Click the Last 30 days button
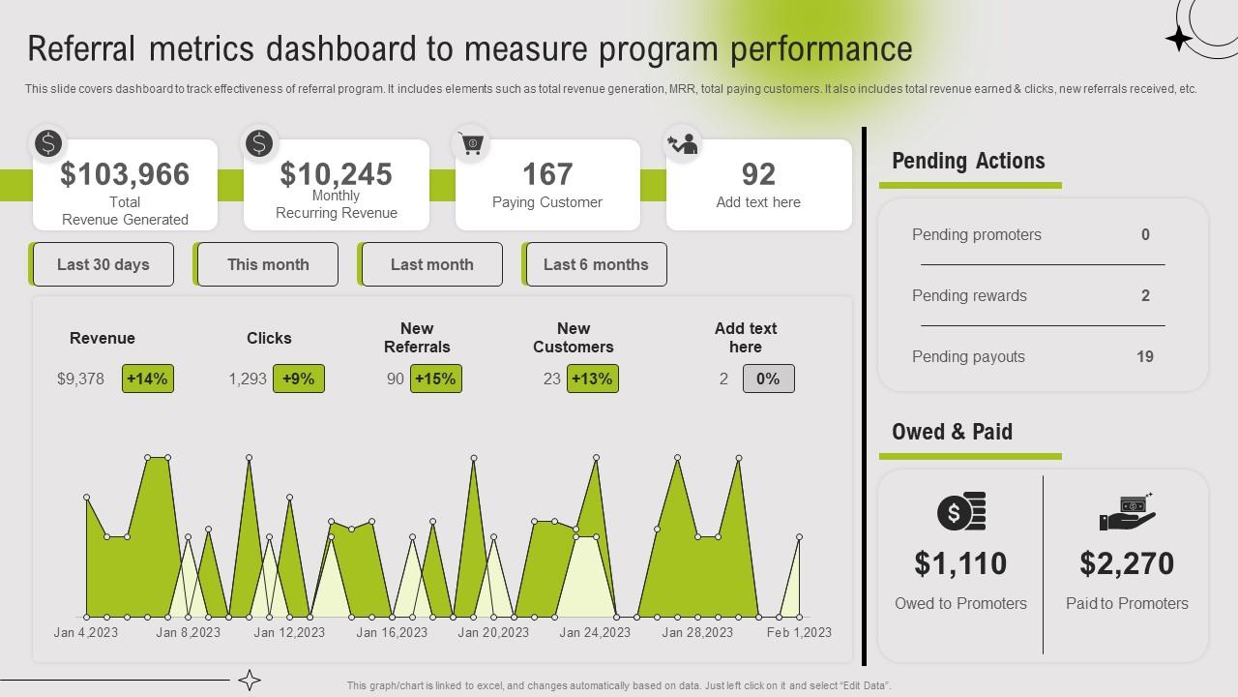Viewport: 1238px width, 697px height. tap(103, 264)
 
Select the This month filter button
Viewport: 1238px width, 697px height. tap(268, 264)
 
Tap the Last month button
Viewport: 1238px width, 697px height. tap(431, 264)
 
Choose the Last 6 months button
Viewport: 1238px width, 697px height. tap(596, 264)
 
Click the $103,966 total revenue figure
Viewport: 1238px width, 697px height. tap(125, 174)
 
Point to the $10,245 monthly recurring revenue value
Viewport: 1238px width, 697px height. tap(336, 174)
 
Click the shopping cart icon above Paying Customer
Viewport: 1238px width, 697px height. tap(470, 144)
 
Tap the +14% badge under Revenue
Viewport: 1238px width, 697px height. tap(147, 379)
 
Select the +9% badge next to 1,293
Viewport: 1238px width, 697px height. tap(298, 379)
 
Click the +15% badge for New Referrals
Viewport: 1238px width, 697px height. tap(435, 379)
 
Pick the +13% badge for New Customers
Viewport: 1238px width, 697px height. tap(592, 379)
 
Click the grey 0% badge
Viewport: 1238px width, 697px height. tap(768, 379)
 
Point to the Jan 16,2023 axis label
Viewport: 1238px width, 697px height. tap(392, 632)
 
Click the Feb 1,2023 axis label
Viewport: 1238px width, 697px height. tap(799, 632)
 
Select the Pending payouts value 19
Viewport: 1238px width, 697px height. tap(1145, 356)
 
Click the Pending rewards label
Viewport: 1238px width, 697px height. tap(969, 295)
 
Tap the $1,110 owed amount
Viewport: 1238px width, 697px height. tap(960, 563)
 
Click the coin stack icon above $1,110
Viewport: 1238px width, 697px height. tap(961, 512)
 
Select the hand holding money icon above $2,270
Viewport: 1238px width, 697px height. tap(1127, 512)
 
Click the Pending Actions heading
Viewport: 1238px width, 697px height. tap(968, 161)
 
